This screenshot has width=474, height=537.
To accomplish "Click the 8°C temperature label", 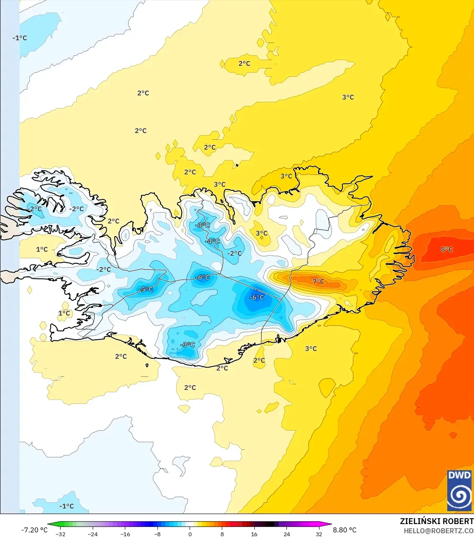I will coord(446,250).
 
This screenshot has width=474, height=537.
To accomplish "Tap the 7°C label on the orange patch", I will coord(318,282).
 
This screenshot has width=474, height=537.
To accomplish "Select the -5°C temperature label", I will coord(146,290).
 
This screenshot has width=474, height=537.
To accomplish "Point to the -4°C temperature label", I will coord(213,241).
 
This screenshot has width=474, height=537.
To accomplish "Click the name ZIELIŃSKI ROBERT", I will coord(436,521).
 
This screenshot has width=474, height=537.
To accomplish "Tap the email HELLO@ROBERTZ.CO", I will coord(439,531).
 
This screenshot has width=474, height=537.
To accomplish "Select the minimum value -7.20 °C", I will coord(34,530).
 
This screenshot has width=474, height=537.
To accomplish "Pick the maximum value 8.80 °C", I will coord(345,530).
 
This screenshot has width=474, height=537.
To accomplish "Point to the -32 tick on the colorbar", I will coord(61,534).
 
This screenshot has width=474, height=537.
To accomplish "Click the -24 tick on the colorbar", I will coord(93,534).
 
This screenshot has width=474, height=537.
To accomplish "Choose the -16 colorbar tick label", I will coord(125,534).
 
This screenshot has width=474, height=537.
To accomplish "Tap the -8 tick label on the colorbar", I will coord(157,534).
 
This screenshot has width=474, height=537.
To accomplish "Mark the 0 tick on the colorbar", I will coord(190,534).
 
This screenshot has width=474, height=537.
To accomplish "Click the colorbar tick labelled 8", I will coord(222,534).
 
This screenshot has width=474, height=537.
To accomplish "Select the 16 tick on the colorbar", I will coord(254,534).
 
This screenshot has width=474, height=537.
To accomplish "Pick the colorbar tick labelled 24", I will coord(286,534).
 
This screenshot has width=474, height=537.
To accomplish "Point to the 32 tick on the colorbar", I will coord(319,534).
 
